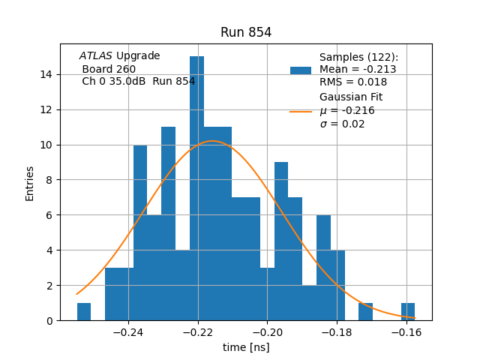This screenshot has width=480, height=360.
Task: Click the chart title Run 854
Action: [246, 33]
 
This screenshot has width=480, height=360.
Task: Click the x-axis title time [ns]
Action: [246, 347]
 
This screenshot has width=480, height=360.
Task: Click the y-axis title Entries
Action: [30, 183]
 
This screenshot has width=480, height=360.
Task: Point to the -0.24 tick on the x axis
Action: [128, 331]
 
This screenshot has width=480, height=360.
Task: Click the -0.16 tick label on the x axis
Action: [407, 331]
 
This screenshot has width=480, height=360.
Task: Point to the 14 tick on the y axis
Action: [46, 74]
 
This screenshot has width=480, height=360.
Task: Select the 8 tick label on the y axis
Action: [49, 180]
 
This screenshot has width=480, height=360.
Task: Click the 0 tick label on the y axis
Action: [49, 321]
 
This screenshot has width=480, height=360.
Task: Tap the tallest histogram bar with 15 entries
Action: [196, 187]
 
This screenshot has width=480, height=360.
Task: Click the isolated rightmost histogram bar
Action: [408, 312]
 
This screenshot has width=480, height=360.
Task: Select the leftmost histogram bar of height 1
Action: [84, 312]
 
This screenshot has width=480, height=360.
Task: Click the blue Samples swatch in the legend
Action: [301, 70]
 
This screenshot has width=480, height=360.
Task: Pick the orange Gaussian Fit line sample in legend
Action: [301, 112]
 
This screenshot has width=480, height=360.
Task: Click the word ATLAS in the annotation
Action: [96, 56]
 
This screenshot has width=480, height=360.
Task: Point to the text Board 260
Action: [109, 69]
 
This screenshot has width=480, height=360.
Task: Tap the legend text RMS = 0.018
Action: [353, 82]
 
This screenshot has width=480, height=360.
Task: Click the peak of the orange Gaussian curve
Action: [213, 141]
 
